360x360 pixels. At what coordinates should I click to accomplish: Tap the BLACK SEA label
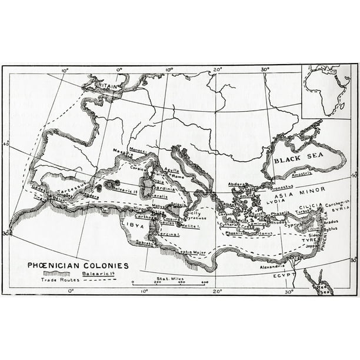tap(296, 159)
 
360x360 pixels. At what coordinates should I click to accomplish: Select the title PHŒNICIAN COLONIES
tap(78, 265)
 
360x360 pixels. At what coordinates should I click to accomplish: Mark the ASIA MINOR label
tap(288, 190)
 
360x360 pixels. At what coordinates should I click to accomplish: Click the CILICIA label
tap(311, 205)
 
